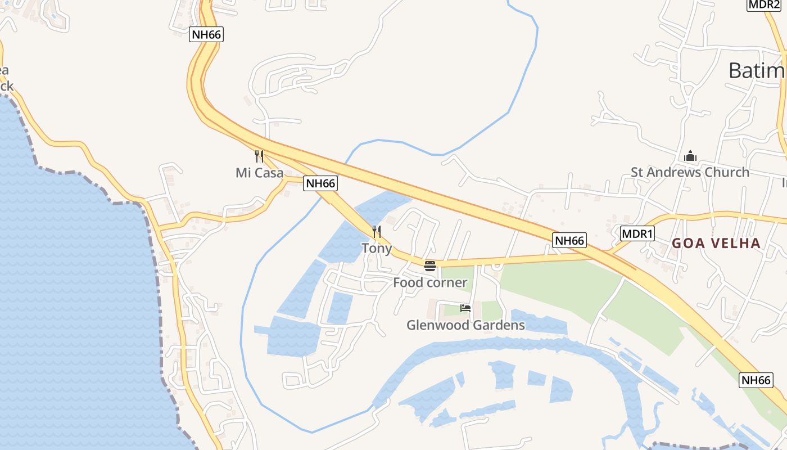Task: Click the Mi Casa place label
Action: [259, 173]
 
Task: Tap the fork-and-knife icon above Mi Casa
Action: [259, 156]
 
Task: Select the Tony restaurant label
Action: [377, 248]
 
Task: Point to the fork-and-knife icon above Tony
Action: [377, 231]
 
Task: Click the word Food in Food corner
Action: [408, 282]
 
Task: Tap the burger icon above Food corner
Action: [430, 265]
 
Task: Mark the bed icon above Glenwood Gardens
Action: [465, 308]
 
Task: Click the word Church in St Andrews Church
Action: [727, 172]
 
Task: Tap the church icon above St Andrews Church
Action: [690, 156]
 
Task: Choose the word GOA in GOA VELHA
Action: [686, 244]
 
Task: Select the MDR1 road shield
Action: [637, 233]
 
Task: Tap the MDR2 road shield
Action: [764, 4]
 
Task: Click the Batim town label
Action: [757, 71]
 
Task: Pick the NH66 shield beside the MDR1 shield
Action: [569, 241]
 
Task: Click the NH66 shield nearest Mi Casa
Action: [320, 183]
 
